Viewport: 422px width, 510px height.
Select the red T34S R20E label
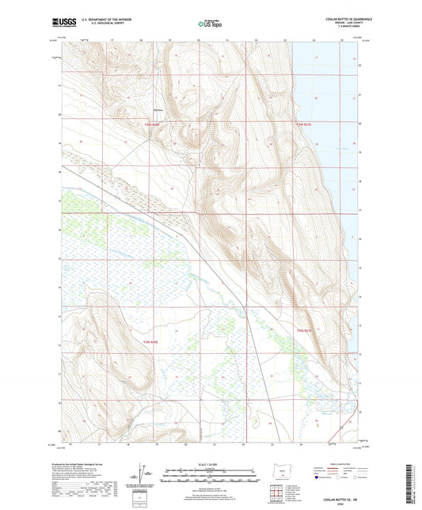coord(152,124)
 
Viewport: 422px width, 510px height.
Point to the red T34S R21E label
coord(305,124)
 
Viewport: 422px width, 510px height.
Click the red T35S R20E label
coord(150,342)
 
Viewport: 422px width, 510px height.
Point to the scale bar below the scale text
coord(211,470)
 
